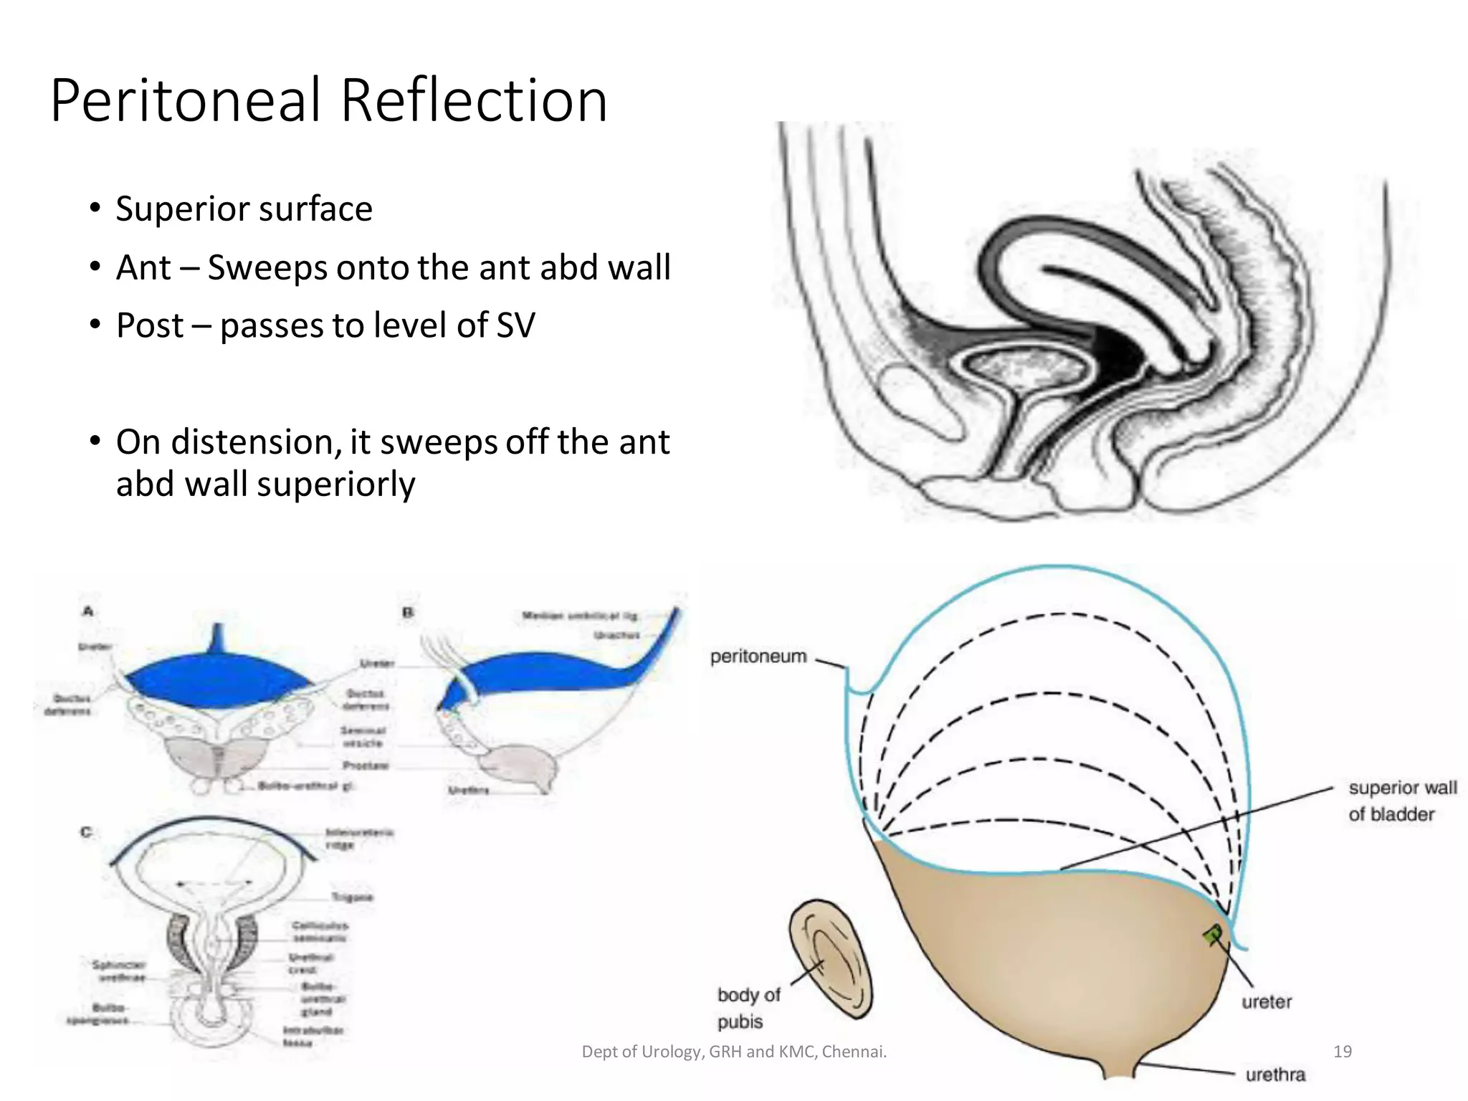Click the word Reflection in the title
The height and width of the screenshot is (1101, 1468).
click(x=474, y=100)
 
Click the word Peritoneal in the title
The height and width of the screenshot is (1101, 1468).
click(x=186, y=100)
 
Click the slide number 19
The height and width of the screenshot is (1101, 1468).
click(x=1342, y=1052)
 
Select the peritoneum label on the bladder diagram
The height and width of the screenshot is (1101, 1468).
click(x=758, y=657)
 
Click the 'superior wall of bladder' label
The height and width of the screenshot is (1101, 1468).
click(x=1401, y=801)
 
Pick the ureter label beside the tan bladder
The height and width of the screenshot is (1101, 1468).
click(x=1267, y=1002)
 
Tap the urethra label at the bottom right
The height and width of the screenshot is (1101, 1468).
click(x=1275, y=1074)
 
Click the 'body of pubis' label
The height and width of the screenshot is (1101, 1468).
click(x=748, y=1008)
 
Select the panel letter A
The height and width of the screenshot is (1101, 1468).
click(x=88, y=611)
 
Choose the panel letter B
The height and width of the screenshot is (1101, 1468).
click(x=408, y=613)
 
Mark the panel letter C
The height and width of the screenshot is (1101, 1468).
click(x=87, y=832)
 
